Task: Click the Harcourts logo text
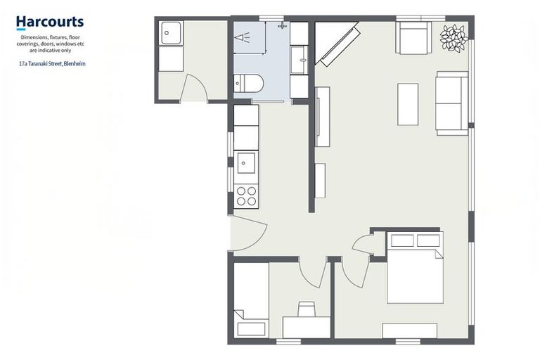[50, 22]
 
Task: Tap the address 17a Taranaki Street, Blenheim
[52, 64]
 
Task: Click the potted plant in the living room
[454, 39]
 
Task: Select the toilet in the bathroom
[249, 84]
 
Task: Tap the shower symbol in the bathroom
[243, 37]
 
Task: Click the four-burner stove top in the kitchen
[246, 196]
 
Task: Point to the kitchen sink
[246, 162]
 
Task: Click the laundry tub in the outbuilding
[171, 33]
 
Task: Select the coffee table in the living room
[408, 104]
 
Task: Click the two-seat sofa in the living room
[452, 103]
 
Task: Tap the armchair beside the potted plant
[413, 37]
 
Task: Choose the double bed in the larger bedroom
[415, 268]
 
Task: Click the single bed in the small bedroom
[251, 300]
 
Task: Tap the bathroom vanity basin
[300, 60]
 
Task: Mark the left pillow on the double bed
[402, 240]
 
